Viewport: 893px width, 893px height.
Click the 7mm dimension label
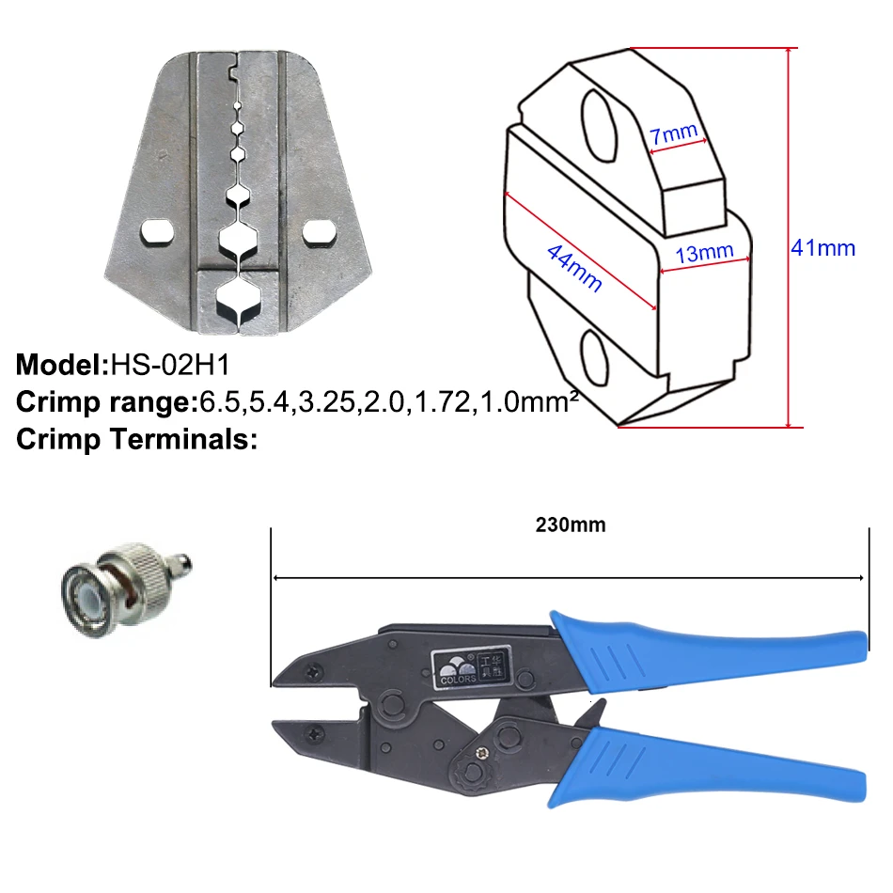(674, 133)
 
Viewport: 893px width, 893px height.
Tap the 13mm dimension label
(704, 252)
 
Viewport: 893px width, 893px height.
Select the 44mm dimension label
(574, 268)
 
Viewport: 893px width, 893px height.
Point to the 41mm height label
(822, 248)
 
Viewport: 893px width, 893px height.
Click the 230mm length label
(571, 525)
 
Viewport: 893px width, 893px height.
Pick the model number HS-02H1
(170, 365)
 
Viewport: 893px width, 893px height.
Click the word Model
(59, 365)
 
